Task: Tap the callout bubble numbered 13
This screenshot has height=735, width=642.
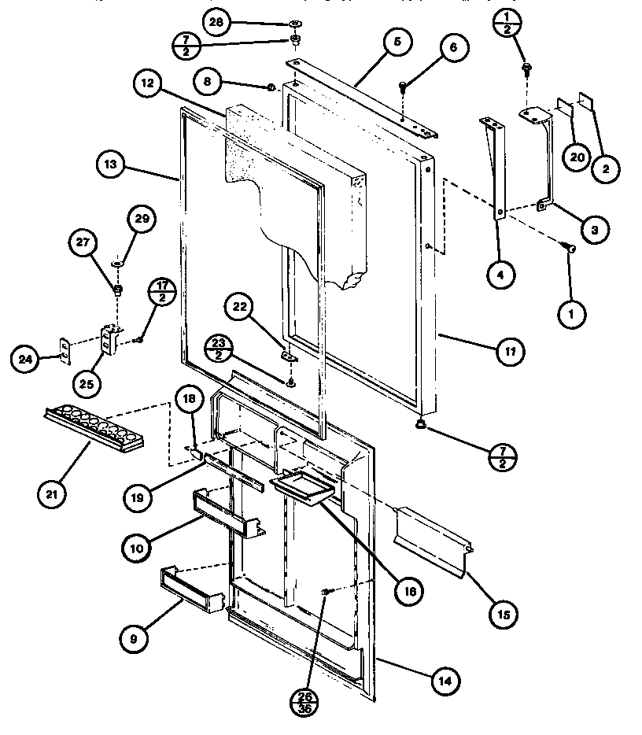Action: coord(110,164)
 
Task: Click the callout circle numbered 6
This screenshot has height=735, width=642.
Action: coord(453,48)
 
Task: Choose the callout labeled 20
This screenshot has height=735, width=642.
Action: coord(576,157)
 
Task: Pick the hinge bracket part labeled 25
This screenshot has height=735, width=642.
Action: coord(108,341)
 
